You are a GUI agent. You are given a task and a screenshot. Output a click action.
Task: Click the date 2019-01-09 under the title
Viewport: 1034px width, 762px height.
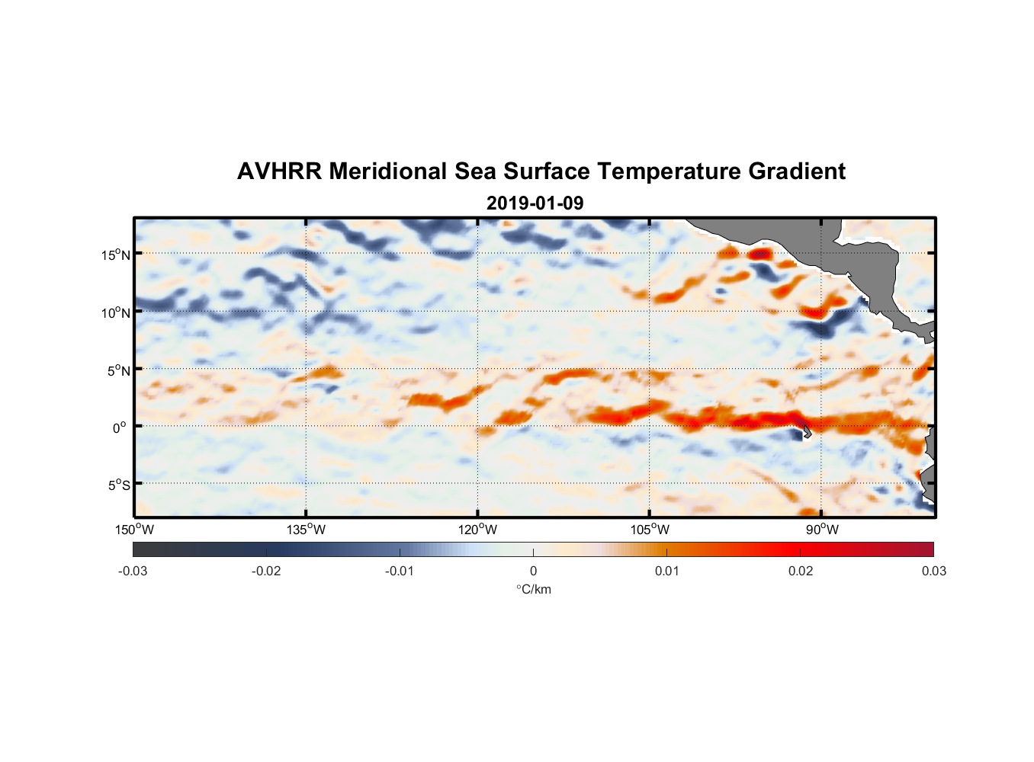click(535, 203)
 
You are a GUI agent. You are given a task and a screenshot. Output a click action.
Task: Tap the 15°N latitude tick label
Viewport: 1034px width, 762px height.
click(116, 255)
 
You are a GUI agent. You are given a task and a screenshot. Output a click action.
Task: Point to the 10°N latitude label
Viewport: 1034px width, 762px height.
click(116, 312)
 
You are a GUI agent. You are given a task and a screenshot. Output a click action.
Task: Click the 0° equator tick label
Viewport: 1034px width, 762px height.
click(120, 427)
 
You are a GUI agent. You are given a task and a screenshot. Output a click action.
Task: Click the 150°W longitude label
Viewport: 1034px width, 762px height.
click(134, 530)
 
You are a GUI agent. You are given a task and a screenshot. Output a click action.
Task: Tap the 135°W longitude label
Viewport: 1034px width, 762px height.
click(306, 530)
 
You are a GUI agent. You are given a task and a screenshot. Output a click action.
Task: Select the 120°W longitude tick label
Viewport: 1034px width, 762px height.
click(477, 530)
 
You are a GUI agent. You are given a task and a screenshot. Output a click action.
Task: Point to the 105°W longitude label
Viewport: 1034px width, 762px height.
click(650, 530)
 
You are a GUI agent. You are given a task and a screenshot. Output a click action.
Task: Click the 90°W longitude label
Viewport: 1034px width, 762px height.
click(821, 530)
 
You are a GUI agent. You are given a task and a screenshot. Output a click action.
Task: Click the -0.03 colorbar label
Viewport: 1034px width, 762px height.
click(133, 571)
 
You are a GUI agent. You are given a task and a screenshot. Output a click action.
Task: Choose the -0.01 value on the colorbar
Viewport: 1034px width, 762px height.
click(400, 571)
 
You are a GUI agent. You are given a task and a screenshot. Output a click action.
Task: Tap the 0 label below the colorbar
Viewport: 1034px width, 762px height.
click(533, 571)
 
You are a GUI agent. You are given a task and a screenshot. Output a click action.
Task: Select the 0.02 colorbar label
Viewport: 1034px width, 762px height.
click(801, 571)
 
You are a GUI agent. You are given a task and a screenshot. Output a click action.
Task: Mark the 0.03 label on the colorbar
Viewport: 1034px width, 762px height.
click(933, 571)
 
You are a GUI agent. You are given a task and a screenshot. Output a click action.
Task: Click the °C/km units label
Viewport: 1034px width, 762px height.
click(533, 589)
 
